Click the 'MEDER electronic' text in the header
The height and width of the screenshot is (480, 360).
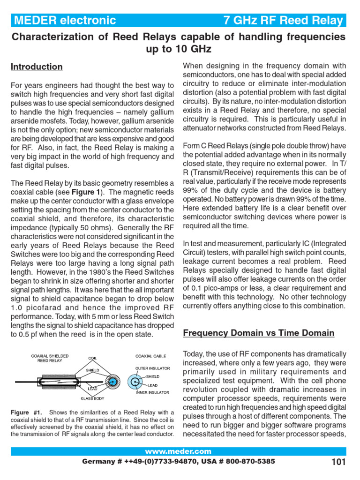[x=65, y=20]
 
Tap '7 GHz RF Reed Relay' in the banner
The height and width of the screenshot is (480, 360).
[x=283, y=20]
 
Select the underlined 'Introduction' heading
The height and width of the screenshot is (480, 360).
[x=37, y=67]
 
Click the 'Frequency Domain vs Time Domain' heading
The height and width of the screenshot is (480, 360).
[x=258, y=333]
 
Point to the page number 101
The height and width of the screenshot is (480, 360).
[x=338, y=462]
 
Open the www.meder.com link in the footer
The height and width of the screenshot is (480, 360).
[x=178, y=451]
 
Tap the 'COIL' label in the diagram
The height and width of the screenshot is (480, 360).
[x=92, y=359]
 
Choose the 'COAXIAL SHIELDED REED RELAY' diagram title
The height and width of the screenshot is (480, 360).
[x=50, y=359]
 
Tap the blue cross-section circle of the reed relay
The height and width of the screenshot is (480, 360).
[x=112, y=382]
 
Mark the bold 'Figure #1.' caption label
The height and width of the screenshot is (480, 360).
[x=27, y=412]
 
